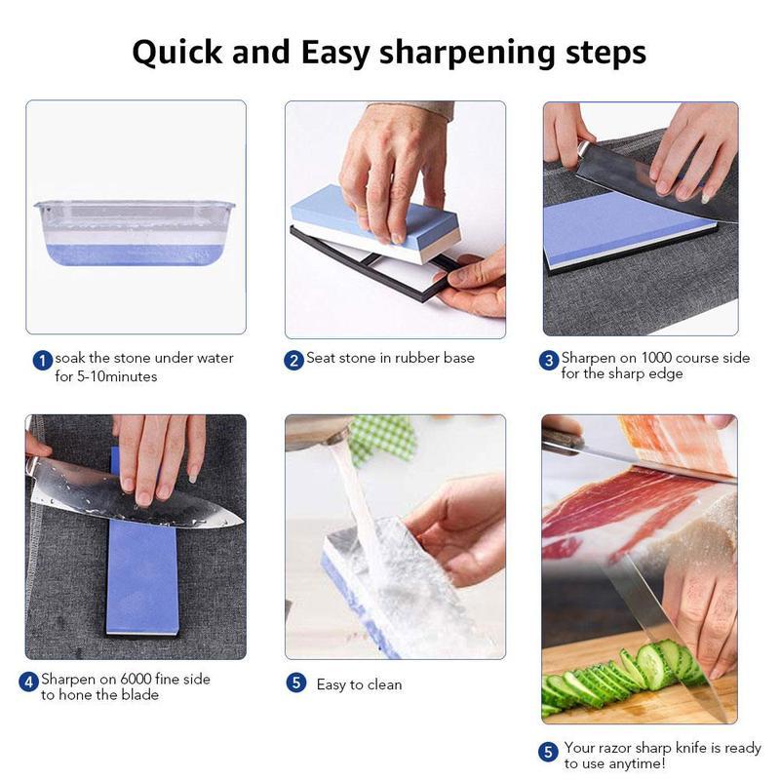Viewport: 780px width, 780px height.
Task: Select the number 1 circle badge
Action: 42,361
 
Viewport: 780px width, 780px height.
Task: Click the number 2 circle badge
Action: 293,360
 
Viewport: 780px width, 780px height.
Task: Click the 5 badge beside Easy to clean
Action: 296,682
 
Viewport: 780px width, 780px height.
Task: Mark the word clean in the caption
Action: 383,684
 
